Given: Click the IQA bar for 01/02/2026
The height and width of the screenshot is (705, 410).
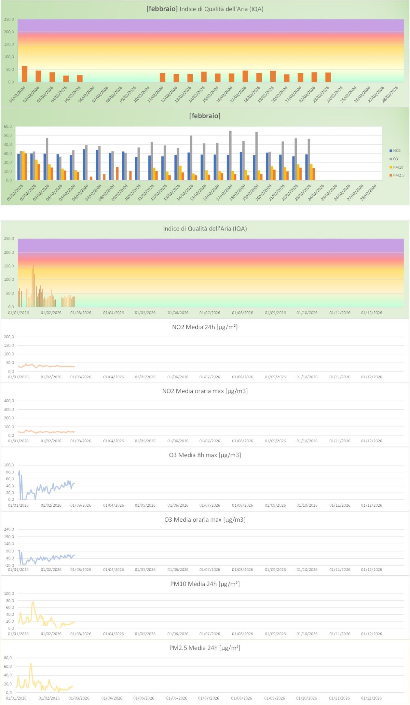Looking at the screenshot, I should [25, 74].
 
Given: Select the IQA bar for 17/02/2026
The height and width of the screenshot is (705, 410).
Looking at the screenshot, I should [245, 76].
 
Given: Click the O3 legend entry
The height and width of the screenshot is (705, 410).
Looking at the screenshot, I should [395, 159].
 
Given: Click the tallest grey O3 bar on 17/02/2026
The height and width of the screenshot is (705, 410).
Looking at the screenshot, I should [230, 156].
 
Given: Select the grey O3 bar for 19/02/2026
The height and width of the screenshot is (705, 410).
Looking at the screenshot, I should [257, 156].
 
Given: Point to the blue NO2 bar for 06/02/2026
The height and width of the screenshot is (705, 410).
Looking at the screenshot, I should [84, 165].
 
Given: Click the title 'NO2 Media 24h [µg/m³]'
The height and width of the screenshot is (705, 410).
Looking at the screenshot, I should [205, 327].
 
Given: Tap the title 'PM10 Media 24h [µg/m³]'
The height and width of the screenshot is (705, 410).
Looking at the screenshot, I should [205, 584].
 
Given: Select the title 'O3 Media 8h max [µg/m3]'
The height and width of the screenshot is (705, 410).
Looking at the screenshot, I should [205, 455].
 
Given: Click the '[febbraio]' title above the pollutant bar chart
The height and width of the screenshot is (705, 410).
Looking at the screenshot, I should [205, 116].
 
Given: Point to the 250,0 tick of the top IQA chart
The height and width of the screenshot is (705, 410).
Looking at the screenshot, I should [9, 19].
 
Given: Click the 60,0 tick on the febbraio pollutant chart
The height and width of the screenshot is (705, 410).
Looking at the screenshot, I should [8, 127].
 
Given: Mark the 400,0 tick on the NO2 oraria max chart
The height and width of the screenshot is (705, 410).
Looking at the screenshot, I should [9, 401].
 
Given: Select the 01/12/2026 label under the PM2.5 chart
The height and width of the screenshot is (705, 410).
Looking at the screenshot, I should [371, 698].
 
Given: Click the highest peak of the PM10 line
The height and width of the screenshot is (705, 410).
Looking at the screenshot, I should [33, 602].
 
